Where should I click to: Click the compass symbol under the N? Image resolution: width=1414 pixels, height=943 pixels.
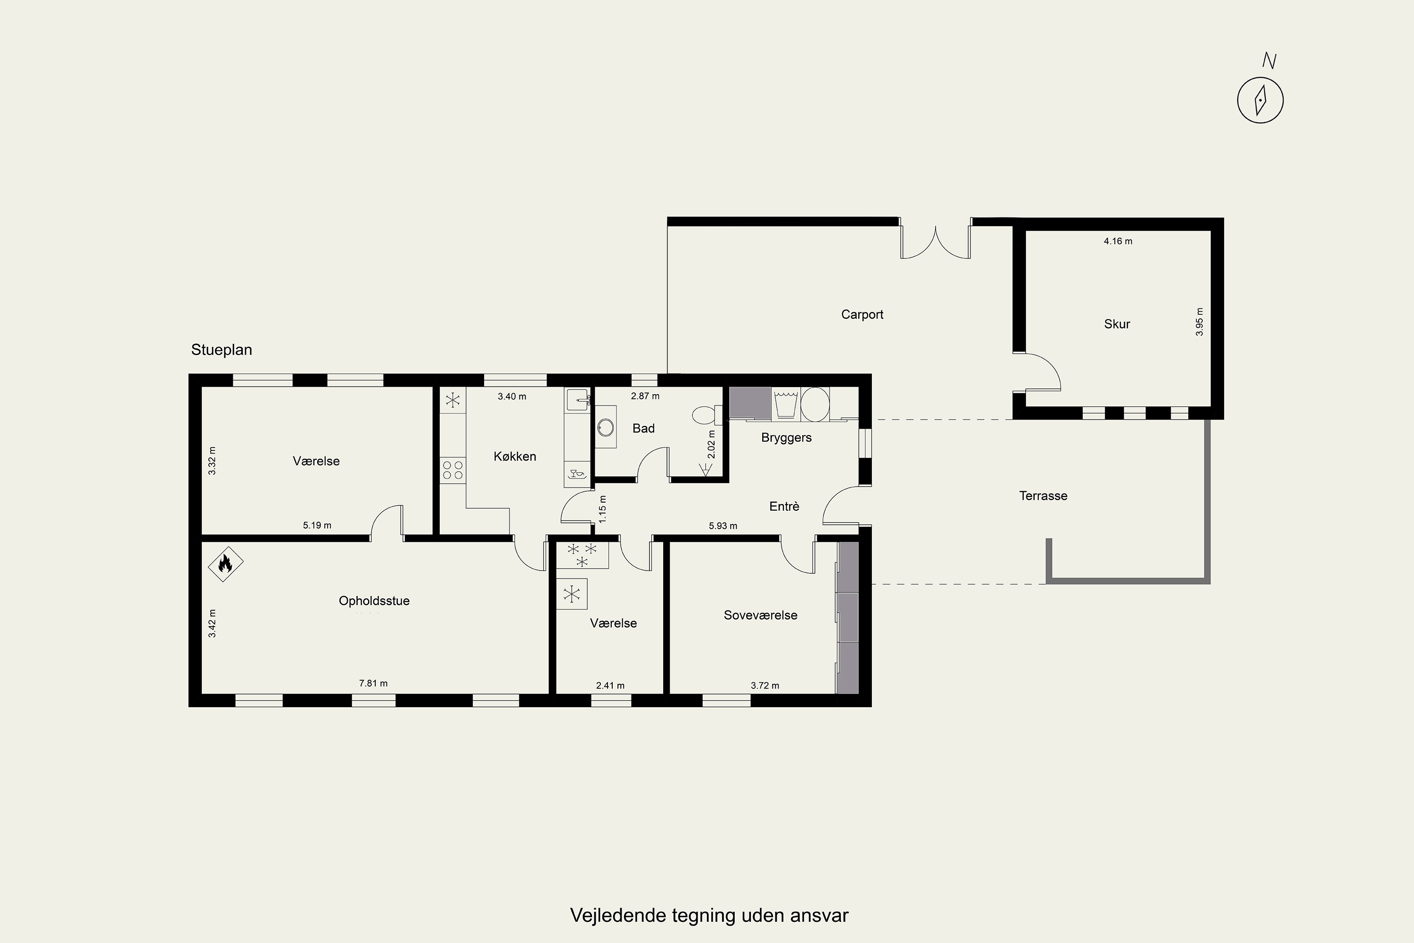[1260, 100]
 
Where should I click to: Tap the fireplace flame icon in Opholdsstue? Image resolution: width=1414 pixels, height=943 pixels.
[225, 563]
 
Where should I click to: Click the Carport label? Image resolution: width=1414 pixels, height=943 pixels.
[862, 314]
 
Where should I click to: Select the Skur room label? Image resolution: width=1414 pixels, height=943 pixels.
[1117, 324]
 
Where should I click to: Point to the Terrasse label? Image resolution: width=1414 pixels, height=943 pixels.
[1043, 496]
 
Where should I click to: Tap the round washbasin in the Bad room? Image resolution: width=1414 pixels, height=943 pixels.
[605, 427]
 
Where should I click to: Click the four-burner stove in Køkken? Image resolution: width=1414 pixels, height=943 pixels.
[452, 470]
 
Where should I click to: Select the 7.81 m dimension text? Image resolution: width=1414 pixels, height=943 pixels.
[373, 683]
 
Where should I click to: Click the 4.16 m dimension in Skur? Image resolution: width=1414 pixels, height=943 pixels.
[1118, 241]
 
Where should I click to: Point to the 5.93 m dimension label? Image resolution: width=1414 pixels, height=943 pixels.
[723, 526]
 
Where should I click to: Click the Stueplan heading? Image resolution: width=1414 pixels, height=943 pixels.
[221, 350]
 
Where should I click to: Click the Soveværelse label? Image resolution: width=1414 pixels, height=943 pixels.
[761, 615]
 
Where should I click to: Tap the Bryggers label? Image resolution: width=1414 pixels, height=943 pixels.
[786, 438]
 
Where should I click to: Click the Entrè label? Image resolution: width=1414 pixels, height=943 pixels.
[784, 506]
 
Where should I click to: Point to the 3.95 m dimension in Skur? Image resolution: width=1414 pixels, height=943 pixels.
[1200, 322]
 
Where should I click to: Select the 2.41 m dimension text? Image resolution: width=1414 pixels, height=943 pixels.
[610, 686]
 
